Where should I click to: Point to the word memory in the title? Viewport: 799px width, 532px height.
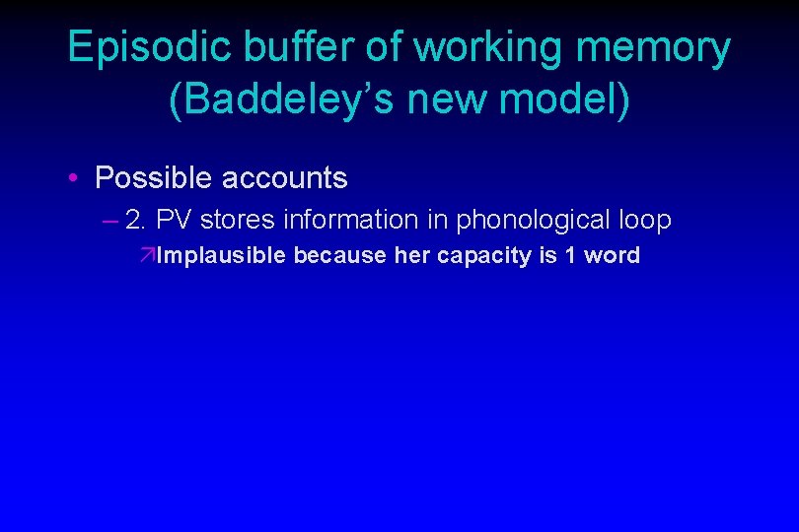tap(663, 48)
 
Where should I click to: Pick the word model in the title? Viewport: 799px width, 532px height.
tap(571, 101)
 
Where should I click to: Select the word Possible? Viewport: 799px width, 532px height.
tap(154, 178)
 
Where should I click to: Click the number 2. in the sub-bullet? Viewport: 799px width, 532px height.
tap(138, 220)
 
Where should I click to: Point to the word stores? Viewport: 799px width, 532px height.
tap(233, 220)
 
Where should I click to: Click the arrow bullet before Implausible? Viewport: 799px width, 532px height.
tap(147, 256)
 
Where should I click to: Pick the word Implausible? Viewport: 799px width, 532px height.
tap(221, 256)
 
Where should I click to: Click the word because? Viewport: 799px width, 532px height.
tap(340, 256)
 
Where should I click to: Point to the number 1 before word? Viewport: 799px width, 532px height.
tap(571, 256)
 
